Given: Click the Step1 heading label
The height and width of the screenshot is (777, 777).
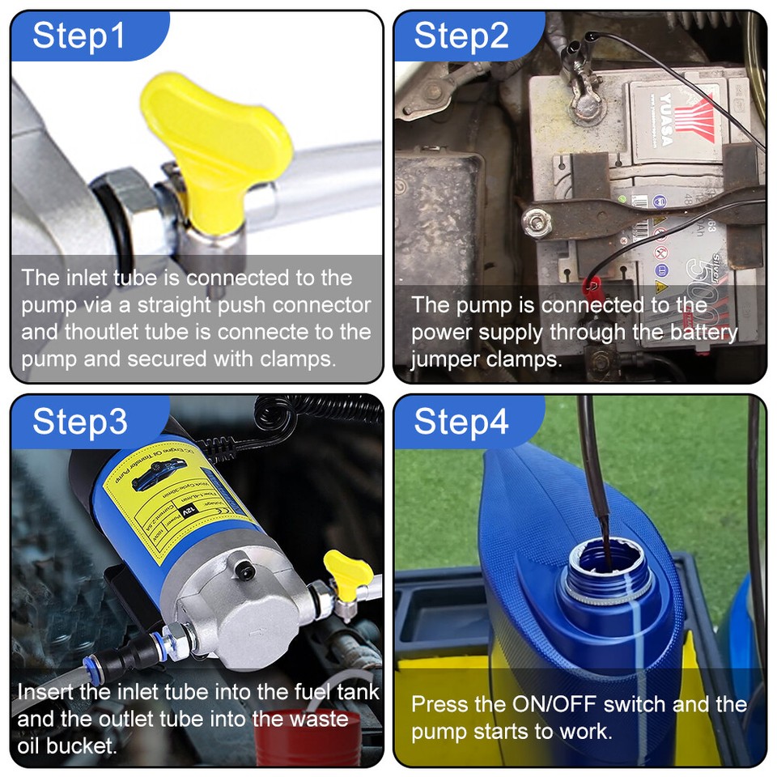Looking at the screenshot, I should coord(79,36).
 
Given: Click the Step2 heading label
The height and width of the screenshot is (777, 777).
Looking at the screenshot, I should coord(461,36).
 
